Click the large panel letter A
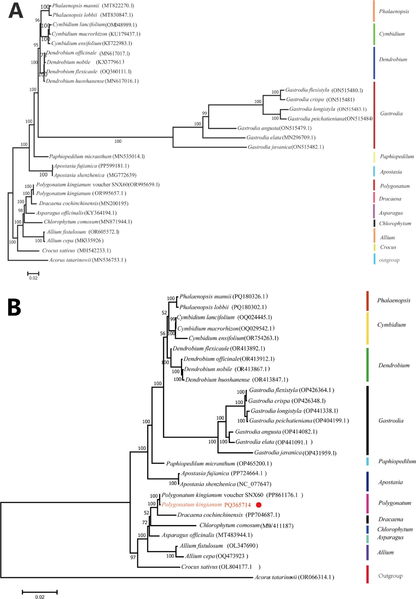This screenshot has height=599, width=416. (16, 11)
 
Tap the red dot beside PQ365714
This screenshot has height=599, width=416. (259, 505)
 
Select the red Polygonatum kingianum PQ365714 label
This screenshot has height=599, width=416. (206, 505)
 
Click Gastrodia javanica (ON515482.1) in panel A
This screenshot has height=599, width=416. (286, 147)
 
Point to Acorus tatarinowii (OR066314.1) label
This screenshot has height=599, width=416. (294, 577)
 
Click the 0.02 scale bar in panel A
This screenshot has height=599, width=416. (33, 274)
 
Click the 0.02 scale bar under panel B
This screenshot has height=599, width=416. (40, 592)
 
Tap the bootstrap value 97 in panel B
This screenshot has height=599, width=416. (133, 557)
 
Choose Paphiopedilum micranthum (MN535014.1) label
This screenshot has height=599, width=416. (97, 156)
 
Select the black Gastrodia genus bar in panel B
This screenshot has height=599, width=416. (368, 420)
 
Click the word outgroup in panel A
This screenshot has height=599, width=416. (389, 260)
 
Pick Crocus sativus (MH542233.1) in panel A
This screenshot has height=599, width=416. (76, 250)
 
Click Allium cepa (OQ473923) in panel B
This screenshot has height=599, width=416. (216, 556)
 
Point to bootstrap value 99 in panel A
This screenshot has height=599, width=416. (204, 113)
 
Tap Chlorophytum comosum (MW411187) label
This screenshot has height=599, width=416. (246, 526)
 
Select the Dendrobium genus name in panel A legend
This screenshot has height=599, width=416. (393, 59)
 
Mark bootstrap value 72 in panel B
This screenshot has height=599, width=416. (145, 523)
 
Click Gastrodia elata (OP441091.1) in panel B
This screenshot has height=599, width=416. (274, 442)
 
